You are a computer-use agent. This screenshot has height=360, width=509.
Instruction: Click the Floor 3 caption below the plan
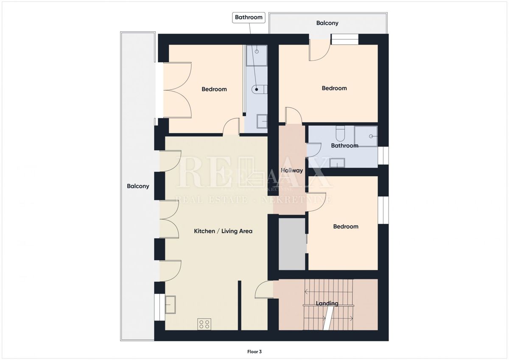[255, 352]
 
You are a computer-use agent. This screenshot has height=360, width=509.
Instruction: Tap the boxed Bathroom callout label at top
[249, 17]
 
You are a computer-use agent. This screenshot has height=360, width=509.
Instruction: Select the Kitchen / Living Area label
[223, 231]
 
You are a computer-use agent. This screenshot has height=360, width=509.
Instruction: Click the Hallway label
[292, 171]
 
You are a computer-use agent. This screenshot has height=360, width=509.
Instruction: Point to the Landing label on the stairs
[327, 304]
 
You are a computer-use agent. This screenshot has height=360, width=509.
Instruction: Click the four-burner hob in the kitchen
[204, 324]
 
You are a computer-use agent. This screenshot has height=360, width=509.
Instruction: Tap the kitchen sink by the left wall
[171, 304]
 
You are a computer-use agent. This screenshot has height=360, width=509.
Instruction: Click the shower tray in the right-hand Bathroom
[366, 136]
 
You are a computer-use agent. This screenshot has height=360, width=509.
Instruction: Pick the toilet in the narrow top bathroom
[258, 90]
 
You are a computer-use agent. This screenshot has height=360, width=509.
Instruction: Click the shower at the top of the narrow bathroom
[257, 56]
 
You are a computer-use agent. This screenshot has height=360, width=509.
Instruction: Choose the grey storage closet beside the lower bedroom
[292, 244]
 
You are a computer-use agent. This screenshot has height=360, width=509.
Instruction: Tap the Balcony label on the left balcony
[138, 186]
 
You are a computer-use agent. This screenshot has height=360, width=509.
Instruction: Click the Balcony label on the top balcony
[327, 23]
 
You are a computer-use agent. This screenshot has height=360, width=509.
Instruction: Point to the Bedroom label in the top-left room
[214, 89]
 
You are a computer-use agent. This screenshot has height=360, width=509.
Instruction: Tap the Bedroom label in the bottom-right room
[346, 227]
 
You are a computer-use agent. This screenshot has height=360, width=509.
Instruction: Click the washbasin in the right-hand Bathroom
[337, 163]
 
